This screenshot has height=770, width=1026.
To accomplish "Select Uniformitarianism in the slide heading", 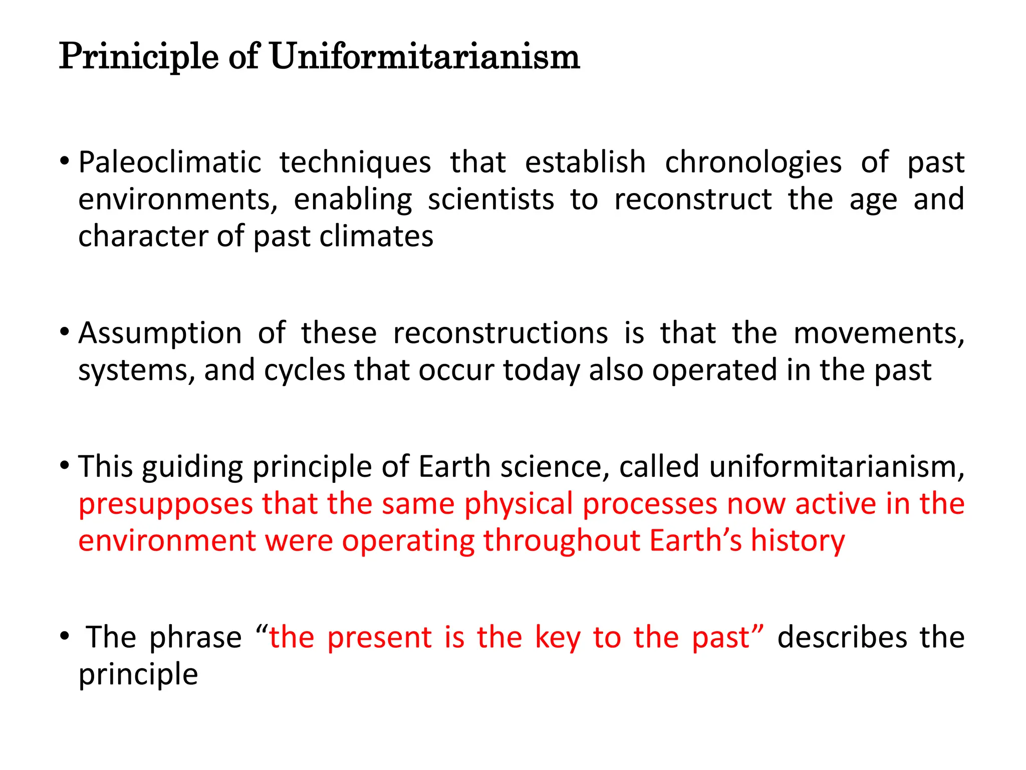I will tap(425, 57).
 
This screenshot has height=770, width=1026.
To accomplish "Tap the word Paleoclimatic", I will tap(170, 162).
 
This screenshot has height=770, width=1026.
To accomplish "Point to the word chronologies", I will tap(753, 162).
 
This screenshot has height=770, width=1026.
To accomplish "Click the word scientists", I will tap(491, 200).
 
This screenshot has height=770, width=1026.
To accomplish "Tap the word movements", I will tap(879, 333).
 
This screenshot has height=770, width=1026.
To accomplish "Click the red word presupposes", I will tap(166, 504).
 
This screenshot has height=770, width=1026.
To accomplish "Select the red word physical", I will tap(519, 504).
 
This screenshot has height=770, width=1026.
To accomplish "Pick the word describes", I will tap(842, 638).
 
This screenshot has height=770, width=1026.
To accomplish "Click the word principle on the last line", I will tap(138, 675).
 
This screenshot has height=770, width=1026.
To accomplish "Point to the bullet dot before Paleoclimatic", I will tap(64, 162).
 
